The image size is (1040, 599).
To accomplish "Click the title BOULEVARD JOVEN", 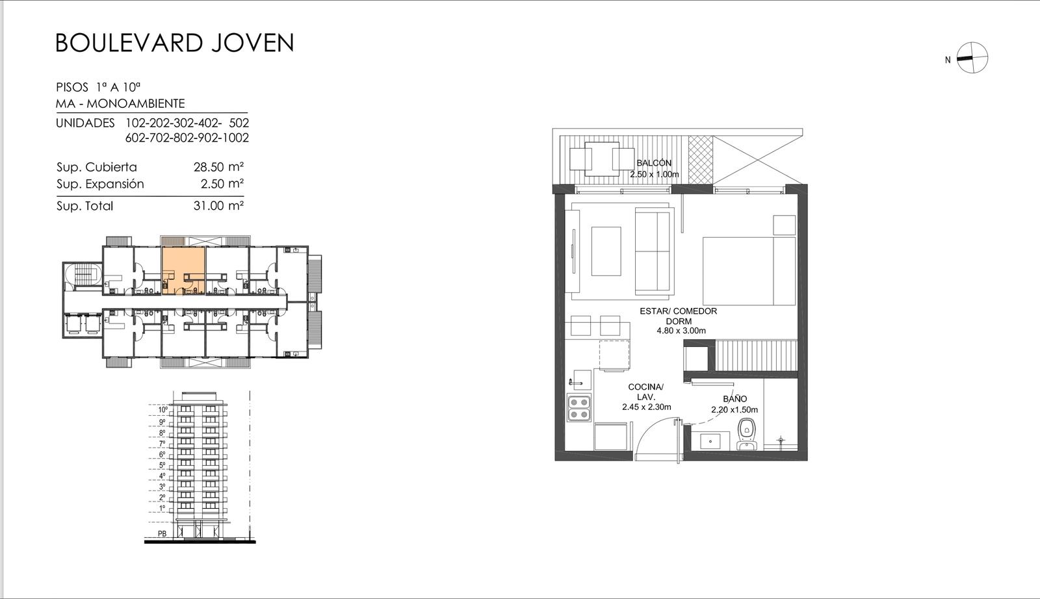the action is pyautogui.click(x=175, y=43).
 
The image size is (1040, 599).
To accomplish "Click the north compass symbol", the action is pyautogui.click(x=972, y=58).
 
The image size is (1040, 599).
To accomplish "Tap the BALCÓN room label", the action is pyautogui.click(x=654, y=163).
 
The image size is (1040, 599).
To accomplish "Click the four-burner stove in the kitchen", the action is pyautogui.click(x=579, y=408).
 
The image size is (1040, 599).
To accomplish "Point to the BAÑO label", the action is pyautogui.click(x=734, y=398).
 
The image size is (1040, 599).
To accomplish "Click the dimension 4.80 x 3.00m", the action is pyautogui.click(x=681, y=331).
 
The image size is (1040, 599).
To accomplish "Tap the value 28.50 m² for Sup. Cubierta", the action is pyautogui.click(x=218, y=166).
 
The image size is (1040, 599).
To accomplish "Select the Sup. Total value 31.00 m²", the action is pyautogui.click(x=218, y=205).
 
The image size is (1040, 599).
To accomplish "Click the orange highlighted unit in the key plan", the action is pyautogui.click(x=183, y=270).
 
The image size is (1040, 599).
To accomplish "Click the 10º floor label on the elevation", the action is pyautogui.click(x=163, y=410).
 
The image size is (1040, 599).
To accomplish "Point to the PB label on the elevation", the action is pyautogui.click(x=162, y=533).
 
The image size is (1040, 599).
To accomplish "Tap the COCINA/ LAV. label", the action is pyautogui.click(x=646, y=392).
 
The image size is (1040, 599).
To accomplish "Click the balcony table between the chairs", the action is pyautogui.click(x=602, y=159).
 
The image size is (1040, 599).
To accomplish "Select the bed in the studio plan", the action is pyautogui.click(x=749, y=272).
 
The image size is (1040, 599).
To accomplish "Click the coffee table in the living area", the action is pyautogui.click(x=606, y=251).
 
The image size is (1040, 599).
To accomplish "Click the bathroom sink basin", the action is pyautogui.click(x=709, y=441).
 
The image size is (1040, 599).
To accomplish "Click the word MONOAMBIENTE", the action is pyautogui.click(x=136, y=103).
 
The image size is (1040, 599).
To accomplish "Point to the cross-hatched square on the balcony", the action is pyautogui.click(x=700, y=159).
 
